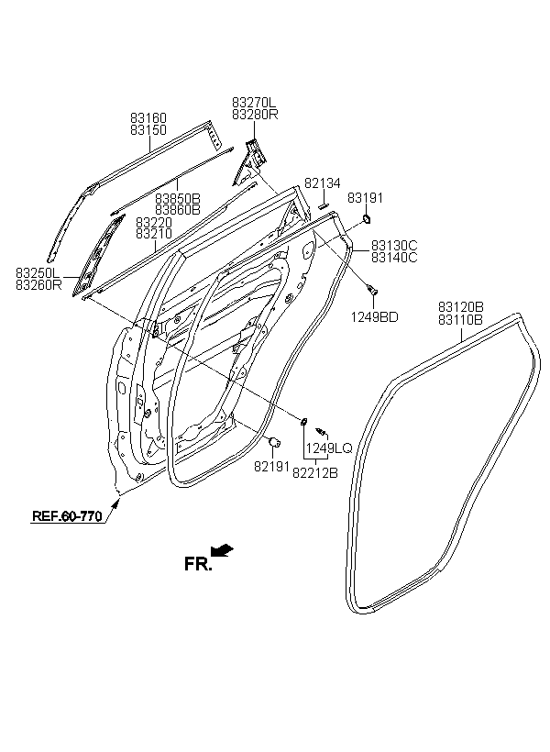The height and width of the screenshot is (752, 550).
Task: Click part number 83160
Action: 148,118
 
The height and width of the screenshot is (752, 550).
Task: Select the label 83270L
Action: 254,103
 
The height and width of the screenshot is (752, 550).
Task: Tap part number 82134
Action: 323,183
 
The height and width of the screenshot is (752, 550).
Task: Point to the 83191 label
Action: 366,197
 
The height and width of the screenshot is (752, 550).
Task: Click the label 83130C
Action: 394,246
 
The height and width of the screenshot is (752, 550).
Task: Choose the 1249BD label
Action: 375,317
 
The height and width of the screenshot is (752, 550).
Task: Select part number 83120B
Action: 461,306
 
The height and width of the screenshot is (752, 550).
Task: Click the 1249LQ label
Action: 329,448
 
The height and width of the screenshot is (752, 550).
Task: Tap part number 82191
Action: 272,466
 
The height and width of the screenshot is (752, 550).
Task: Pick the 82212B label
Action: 315,473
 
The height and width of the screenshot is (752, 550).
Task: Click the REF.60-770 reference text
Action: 67,516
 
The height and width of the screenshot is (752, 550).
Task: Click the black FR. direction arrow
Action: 222,550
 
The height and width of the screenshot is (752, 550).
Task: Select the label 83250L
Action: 38,273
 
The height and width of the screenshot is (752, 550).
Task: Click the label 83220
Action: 154,223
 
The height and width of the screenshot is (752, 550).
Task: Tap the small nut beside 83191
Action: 367,219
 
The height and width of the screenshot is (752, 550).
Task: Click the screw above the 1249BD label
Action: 371,289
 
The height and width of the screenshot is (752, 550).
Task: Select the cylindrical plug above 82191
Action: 273,442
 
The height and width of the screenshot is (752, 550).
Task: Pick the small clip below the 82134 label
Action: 323,205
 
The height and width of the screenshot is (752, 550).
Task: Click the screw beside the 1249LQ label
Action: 321,431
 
